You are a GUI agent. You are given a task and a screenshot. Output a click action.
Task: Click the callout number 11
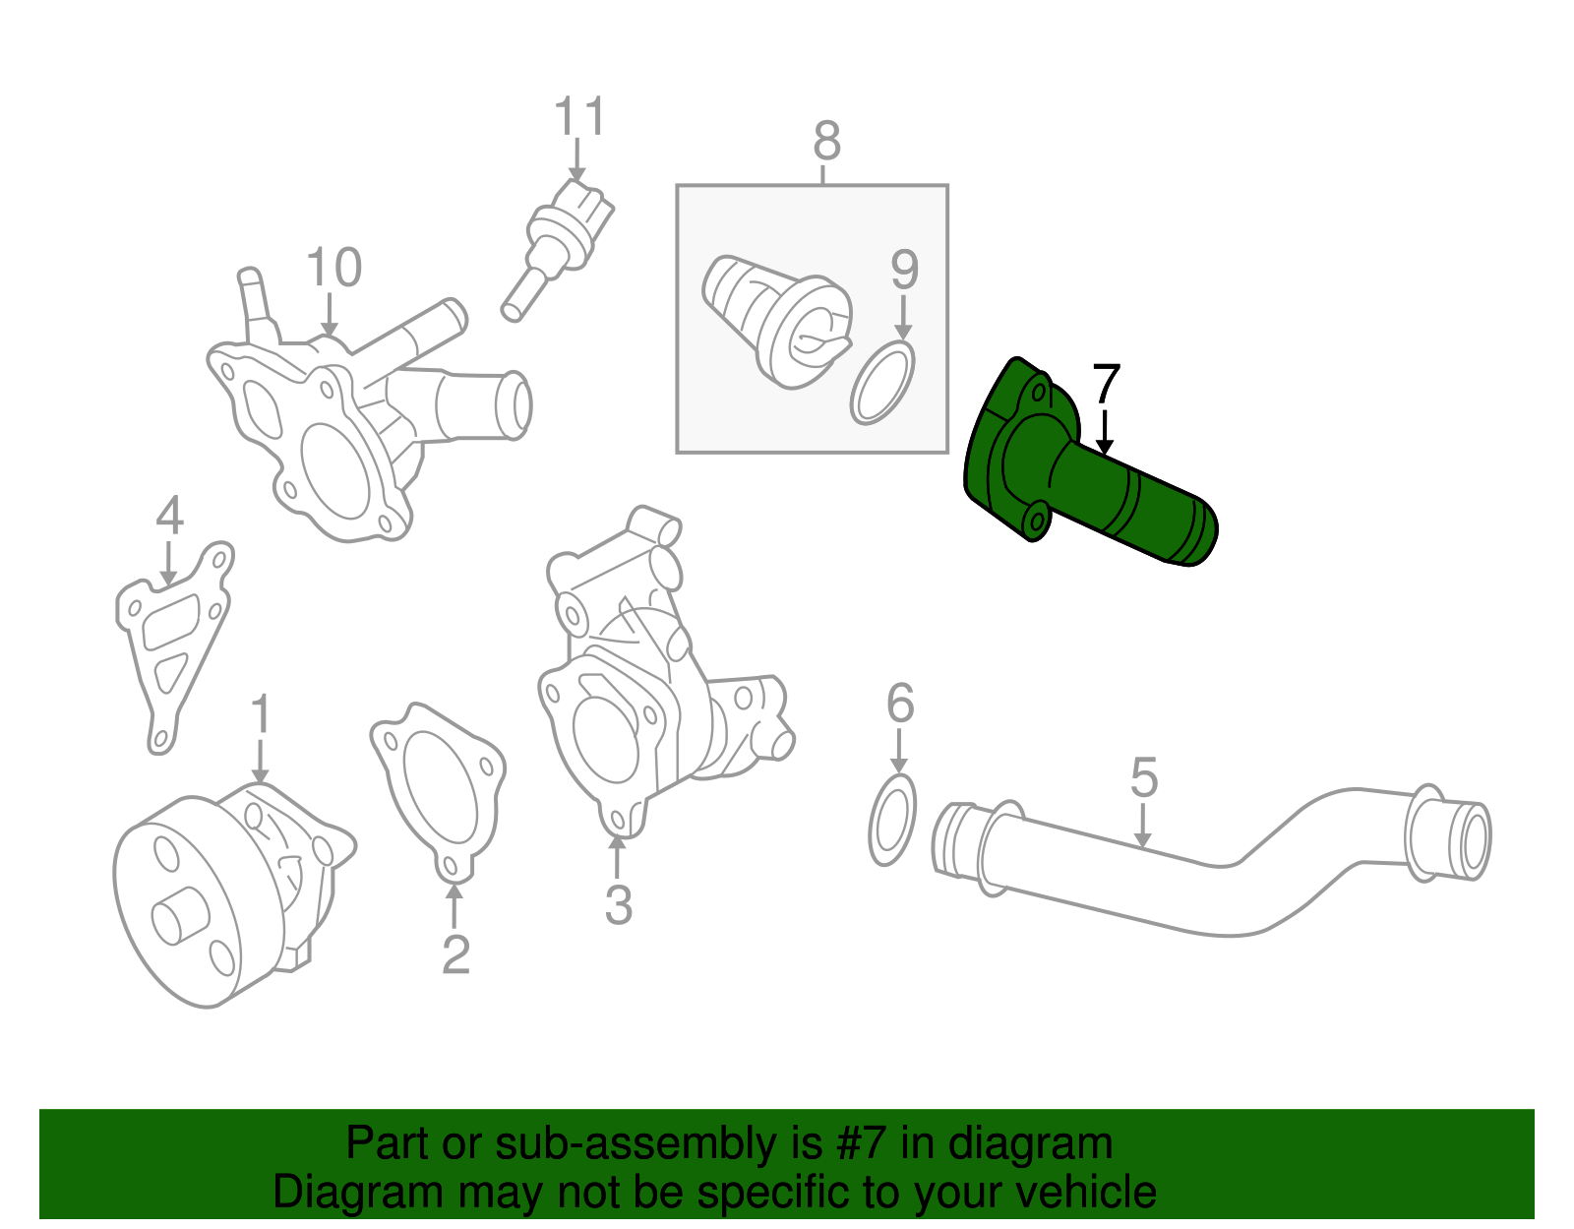click(580, 118)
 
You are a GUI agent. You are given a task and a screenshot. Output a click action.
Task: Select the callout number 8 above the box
click(826, 142)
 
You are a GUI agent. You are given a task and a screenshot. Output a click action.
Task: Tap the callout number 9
click(904, 271)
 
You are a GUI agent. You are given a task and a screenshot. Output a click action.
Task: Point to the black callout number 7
click(1107, 385)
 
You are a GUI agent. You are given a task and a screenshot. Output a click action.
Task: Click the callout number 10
click(333, 268)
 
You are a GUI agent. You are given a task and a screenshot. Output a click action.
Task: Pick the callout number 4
click(169, 516)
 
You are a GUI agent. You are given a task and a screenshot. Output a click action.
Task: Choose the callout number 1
click(260, 715)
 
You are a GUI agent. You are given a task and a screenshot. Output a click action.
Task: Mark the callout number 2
click(454, 954)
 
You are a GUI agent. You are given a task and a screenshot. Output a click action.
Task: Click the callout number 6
click(900, 704)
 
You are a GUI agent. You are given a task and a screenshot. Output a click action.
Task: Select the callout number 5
click(1143, 778)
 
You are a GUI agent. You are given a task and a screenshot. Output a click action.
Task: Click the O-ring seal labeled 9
click(882, 383)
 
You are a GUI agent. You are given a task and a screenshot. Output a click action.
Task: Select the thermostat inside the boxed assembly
click(777, 315)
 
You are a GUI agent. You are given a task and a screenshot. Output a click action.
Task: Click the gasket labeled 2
click(437, 787)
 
